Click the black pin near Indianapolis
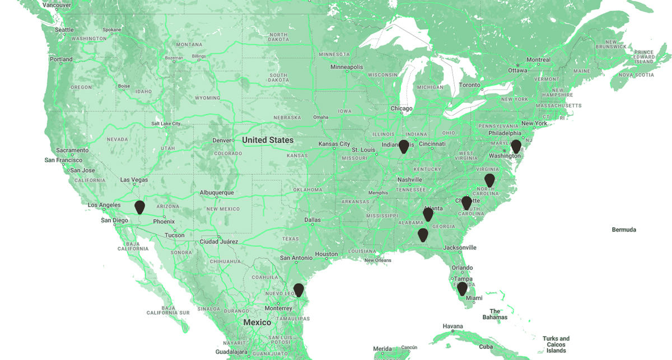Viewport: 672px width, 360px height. (x=404, y=146)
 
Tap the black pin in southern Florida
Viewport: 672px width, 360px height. (x=462, y=288)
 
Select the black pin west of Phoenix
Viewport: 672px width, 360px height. (x=139, y=207)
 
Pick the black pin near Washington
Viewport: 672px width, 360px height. (x=516, y=146)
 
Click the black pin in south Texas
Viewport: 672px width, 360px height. (x=298, y=289)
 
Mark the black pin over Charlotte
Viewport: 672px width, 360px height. (x=466, y=203)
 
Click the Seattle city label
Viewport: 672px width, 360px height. (x=64, y=30)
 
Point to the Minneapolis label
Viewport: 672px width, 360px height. (x=347, y=67)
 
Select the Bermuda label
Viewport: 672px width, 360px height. (x=624, y=230)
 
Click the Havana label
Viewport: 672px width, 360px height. (x=452, y=326)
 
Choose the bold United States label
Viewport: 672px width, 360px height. (x=268, y=140)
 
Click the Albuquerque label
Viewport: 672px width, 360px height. (x=217, y=193)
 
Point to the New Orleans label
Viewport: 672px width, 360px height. (x=377, y=260)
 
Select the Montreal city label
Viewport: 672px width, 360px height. (x=538, y=60)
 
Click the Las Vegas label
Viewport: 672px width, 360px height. (x=134, y=180)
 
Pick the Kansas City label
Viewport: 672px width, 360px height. (x=334, y=144)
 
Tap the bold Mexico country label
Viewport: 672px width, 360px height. (x=257, y=322)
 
